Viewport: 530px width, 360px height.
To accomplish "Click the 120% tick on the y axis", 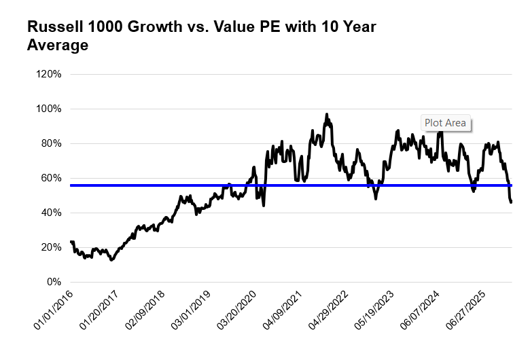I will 49,74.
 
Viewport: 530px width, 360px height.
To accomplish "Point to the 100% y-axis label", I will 49,109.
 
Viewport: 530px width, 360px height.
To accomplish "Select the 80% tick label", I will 51,143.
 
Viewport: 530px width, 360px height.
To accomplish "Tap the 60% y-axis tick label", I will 51,178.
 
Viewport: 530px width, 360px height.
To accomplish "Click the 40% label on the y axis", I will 51,213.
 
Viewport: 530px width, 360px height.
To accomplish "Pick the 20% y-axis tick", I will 51,247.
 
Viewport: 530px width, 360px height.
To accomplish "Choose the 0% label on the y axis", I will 54,282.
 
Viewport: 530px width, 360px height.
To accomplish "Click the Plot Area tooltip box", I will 445,123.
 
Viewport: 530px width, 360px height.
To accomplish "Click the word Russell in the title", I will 51,27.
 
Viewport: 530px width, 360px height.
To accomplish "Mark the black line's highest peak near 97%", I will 327,114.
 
